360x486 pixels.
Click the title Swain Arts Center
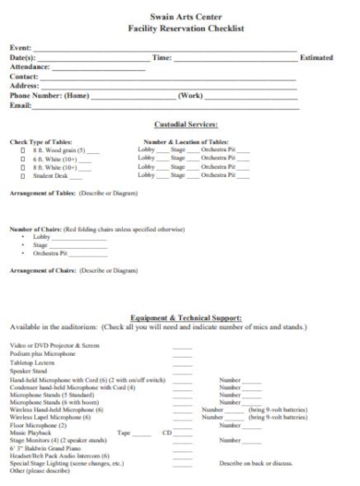187,16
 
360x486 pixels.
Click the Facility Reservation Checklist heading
187,29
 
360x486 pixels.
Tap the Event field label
19,47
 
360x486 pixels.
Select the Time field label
162,58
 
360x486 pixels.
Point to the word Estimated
318,58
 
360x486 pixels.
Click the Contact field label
24,77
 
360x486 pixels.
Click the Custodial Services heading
186,124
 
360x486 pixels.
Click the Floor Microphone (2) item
40,423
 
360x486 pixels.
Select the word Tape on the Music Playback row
125,432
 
